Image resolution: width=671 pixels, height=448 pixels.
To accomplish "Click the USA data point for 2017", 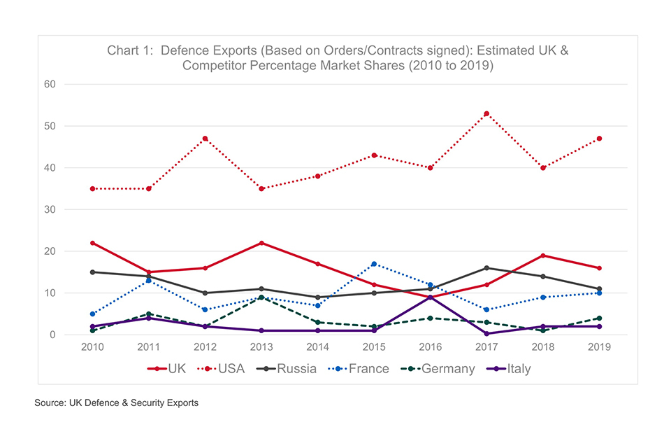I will click(x=486, y=113).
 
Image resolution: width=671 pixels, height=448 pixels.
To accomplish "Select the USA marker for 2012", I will click(x=205, y=139).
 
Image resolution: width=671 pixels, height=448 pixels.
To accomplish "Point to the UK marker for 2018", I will click(x=543, y=255).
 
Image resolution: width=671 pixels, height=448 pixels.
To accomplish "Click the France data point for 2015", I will click(x=374, y=264).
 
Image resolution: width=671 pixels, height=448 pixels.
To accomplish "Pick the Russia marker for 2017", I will click(x=486, y=268).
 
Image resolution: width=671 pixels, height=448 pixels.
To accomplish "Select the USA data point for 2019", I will click(x=600, y=139).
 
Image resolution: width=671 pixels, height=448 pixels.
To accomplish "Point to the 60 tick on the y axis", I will click(x=50, y=84).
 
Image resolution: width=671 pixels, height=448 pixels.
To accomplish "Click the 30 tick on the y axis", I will click(x=50, y=209).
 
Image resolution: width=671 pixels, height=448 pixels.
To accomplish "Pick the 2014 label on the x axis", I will click(x=317, y=347).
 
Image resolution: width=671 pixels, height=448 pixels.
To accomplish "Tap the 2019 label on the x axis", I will click(x=600, y=347).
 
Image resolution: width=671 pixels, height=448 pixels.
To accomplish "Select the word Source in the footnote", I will click(x=51, y=403).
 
